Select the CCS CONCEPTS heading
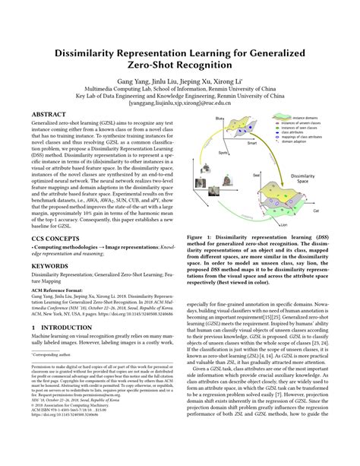pyautogui.click(x=54, y=237)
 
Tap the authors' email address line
pyautogui.click(x=179, y=103)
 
